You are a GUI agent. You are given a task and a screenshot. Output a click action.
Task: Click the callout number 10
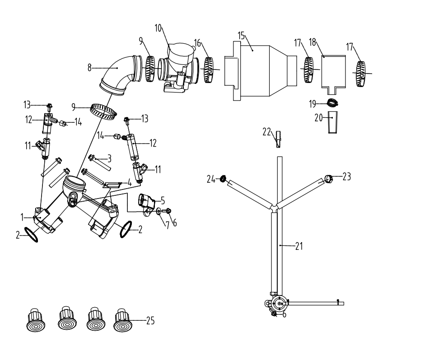point(158,28)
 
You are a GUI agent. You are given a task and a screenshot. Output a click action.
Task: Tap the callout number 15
point(241,36)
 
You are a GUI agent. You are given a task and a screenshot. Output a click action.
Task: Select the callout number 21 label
point(299,246)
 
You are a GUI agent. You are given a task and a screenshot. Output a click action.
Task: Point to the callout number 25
point(150,321)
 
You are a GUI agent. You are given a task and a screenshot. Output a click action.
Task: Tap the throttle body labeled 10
point(179,67)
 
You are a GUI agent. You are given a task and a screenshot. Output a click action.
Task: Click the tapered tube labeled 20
point(332,123)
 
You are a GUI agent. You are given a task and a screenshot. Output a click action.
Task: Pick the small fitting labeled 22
point(278,139)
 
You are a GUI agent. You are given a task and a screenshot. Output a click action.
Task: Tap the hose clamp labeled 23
point(329,178)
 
